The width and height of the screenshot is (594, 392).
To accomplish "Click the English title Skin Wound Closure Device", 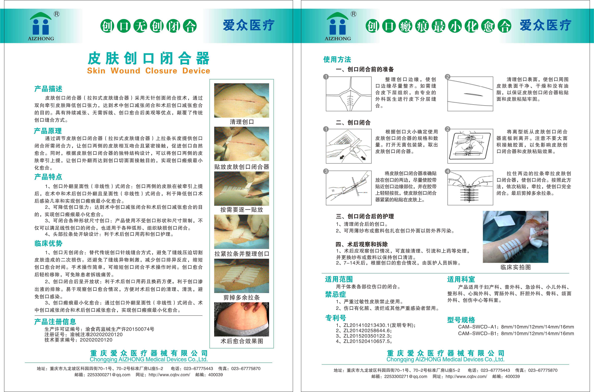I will (x=149, y=71).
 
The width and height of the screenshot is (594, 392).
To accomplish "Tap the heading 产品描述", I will (x=48, y=89).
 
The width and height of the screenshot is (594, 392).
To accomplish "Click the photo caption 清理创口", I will (x=242, y=122).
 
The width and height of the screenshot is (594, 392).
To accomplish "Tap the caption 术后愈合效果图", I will (x=242, y=341).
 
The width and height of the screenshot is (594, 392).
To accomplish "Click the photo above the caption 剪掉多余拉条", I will (x=242, y=276).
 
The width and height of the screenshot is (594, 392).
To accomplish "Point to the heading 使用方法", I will (x=337, y=60).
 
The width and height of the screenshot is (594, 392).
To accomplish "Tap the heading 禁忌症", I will (x=335, y=294).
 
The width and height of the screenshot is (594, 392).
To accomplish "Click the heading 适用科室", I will (x=461, y=279).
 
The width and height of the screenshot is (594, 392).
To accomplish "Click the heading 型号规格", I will (x=461, y=320).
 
